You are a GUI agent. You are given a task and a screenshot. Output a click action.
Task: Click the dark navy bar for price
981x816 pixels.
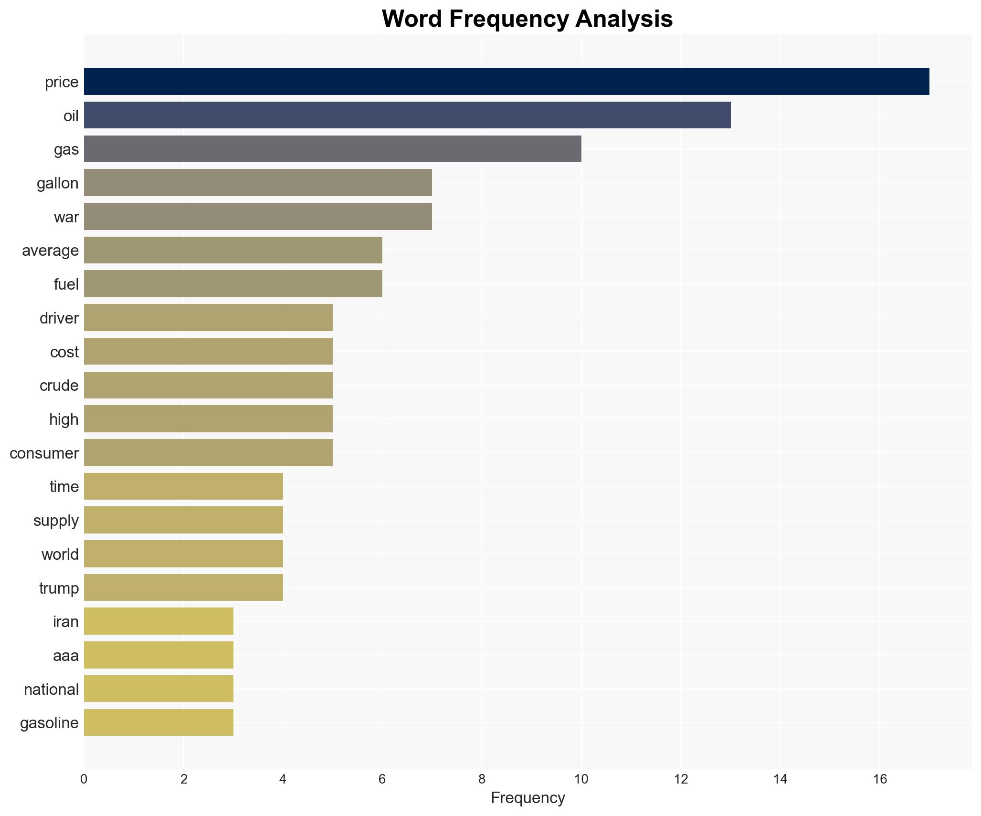click(x=506, y=82)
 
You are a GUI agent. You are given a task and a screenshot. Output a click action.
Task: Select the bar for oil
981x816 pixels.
click(x=407, y=115)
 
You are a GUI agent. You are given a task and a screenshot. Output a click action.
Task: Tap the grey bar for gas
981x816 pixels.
click(x=332, y=149)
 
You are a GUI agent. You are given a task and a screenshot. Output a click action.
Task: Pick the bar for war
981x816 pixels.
click(x=258, y=216)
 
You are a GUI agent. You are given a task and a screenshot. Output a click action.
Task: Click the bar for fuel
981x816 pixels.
click(x=233, y=284)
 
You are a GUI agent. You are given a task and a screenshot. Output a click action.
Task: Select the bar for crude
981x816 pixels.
click(x=208, y=385)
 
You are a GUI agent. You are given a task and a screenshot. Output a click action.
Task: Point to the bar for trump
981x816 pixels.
click(x=183, y=587)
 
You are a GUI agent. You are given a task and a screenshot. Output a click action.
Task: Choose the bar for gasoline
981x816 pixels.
click(x=158, y=722)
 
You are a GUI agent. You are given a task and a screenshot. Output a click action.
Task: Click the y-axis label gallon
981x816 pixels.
click(x=58, y=183)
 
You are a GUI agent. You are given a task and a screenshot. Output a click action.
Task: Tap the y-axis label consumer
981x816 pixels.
click(x=44, y=453)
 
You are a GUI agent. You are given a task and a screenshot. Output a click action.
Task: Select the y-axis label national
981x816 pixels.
click(x=51, y=689)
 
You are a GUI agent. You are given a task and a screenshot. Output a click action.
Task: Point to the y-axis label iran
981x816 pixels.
click(x=65, y=621)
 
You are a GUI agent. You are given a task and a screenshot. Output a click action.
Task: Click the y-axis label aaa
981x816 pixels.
click(x=65, y=656)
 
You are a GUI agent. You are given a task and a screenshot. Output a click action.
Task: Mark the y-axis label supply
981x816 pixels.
click(x=56, y=520)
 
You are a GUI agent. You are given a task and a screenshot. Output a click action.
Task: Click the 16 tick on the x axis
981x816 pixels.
click(x=880, y=779)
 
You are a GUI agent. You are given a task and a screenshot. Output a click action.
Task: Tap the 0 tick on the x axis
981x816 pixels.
click(x=84, y=779)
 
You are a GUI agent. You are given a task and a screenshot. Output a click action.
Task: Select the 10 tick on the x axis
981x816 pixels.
click(x=581, y=779)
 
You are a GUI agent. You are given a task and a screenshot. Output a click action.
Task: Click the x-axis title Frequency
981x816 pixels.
click(x=527, y=797)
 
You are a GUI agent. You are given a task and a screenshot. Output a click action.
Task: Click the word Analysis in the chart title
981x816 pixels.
click(x=624, y=19)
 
